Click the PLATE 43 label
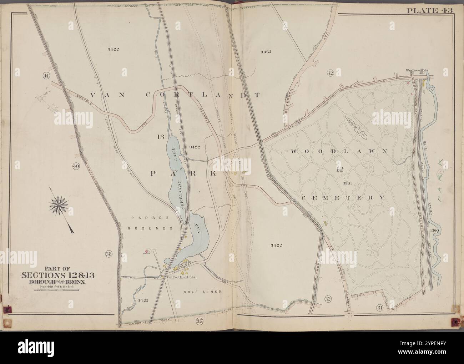pos(430,10)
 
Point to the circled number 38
pos(109,254)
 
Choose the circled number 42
pos(330,73)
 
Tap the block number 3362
pos(266,51)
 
